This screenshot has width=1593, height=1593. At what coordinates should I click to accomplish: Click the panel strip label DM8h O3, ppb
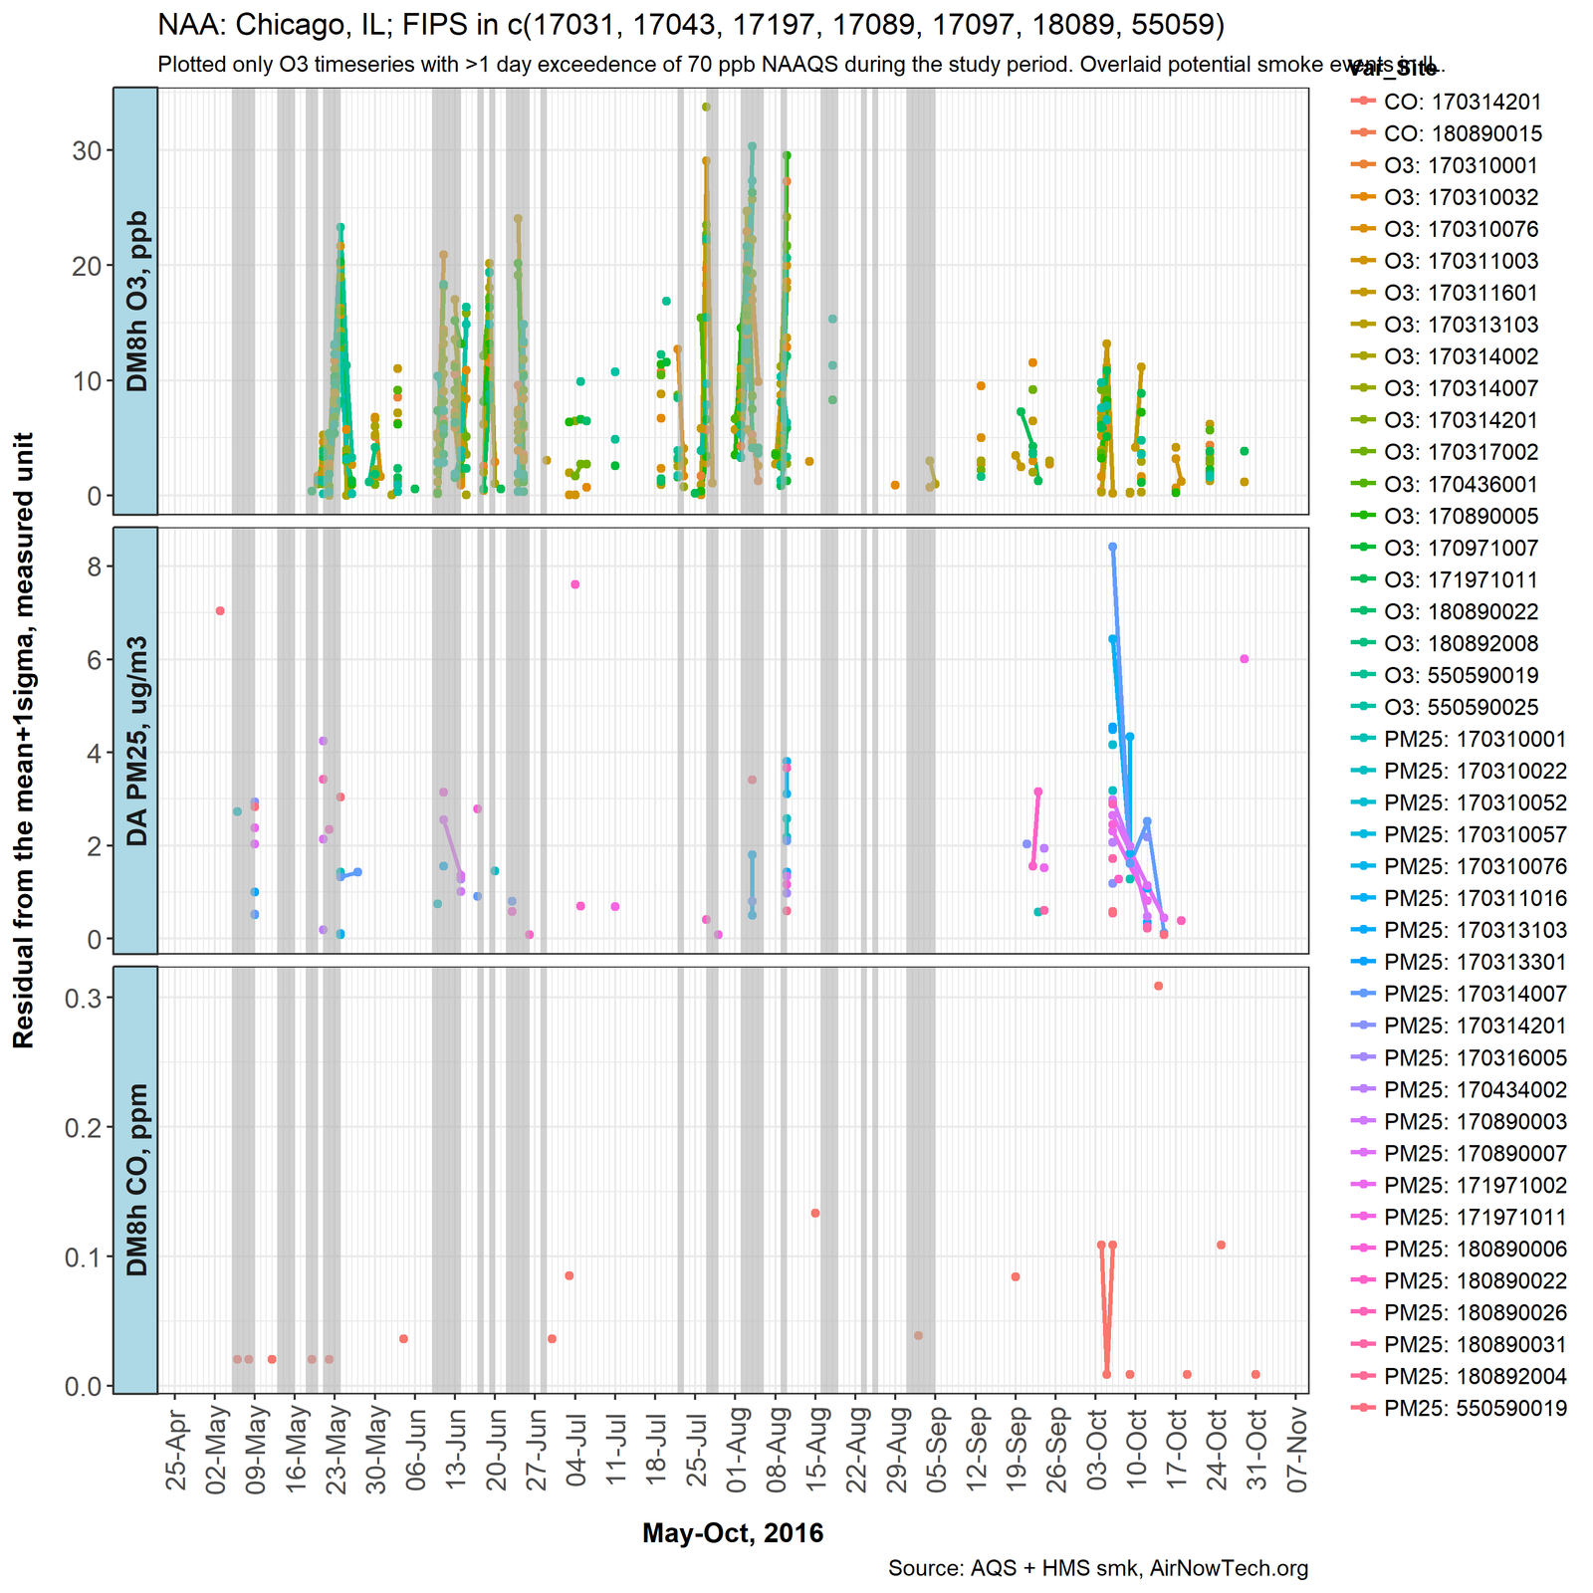[136, 301]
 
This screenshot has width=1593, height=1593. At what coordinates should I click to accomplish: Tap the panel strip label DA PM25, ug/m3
[136, 740]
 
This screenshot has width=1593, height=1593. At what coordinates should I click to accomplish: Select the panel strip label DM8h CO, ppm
[136, 1179]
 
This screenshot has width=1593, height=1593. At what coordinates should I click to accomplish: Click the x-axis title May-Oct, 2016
[733, 1532]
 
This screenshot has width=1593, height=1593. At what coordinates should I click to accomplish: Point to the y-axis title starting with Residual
[24, 740]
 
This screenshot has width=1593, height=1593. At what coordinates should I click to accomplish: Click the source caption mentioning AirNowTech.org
[1098, 1569]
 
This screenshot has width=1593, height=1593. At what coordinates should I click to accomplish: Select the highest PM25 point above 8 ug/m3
[1112, 547]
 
